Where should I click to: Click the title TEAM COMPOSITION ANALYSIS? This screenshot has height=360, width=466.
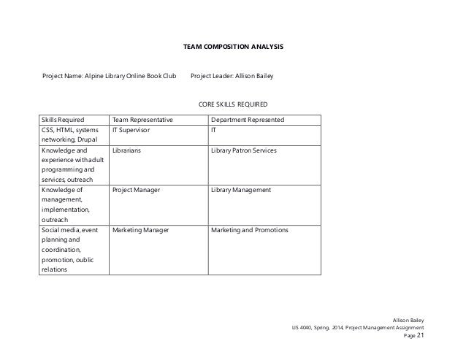[x=232, y=47]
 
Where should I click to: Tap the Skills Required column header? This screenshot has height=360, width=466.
[x=62, y=120]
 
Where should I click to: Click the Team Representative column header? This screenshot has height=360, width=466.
[x=142, y=120]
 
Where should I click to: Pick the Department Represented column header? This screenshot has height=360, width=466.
[x=248, y=120]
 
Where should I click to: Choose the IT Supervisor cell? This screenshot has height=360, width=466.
[x=132, y=130]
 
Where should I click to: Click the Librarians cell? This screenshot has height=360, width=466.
[x=126, y=150]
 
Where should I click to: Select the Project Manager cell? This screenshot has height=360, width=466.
[x=136, y=190]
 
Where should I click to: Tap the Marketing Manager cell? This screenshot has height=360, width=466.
[x=140, y=230]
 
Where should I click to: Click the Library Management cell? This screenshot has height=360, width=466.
[x=240, y=190]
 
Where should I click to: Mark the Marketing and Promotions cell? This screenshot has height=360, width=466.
[x=249, y=230]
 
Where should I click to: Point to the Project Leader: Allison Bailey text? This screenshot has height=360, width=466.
[x=232, y=76]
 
